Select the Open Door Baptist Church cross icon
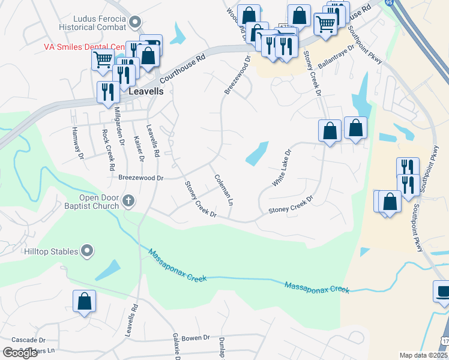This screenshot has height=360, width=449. (x=127, y=202)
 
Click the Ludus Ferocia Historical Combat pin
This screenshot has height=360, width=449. (x=136, y=22)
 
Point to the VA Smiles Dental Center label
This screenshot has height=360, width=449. (x=84, y=47)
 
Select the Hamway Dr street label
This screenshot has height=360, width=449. (x=77, y=144)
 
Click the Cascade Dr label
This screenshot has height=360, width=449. (x=33, y=340)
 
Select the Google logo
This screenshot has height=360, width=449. (x=20, y=353)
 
